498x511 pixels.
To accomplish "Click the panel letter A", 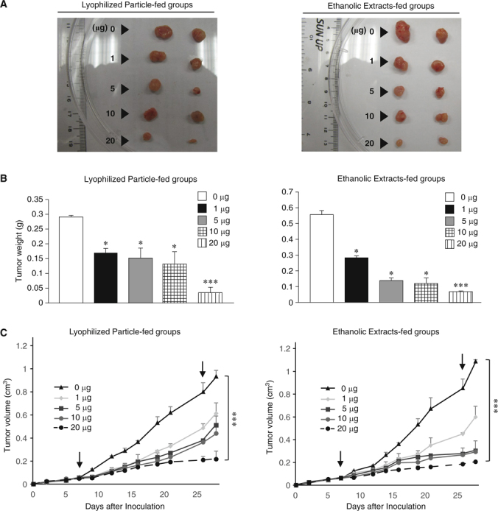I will [x=6, y=6].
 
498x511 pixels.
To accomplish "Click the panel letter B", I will [x=6, y=177].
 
